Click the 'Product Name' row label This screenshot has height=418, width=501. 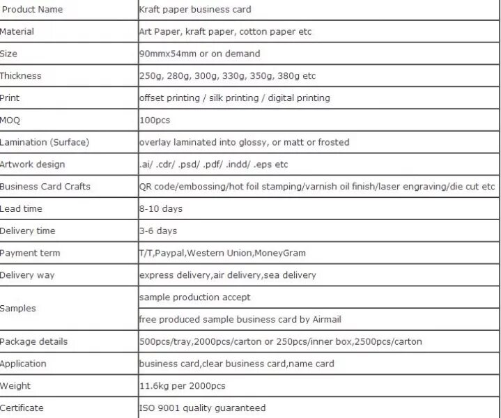[x=32, y=10]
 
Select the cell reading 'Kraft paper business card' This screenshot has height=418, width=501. [x=195, y=10]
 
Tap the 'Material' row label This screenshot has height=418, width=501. [x=17, y=32]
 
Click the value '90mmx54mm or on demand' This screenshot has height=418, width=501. [x=199, y=54]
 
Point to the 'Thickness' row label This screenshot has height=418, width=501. [x=21, y=76]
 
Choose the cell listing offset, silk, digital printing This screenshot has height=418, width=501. [x=234, y=98]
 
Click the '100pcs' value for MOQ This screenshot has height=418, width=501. [x=155, y=121]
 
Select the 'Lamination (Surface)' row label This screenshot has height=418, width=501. [x=45, y=142]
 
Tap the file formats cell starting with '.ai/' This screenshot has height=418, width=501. [x=213, y=164]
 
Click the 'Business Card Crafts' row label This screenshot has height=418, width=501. [x=45, y=187]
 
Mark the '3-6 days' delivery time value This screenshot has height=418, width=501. [x=158, y=231]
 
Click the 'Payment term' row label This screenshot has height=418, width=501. [x=30, y=253]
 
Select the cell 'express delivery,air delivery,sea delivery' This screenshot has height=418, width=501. [x=227, y=275]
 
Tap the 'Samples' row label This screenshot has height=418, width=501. [x=18, y=308]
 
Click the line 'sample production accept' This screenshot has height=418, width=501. [x=194, y=297]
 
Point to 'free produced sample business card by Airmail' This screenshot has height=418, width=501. [x=240, y=320]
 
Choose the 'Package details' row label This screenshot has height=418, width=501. [x=34, y=341]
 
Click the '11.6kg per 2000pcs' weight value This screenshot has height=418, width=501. [x=182, y=386]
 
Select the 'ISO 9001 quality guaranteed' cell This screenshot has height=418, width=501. [x=202, y=408]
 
